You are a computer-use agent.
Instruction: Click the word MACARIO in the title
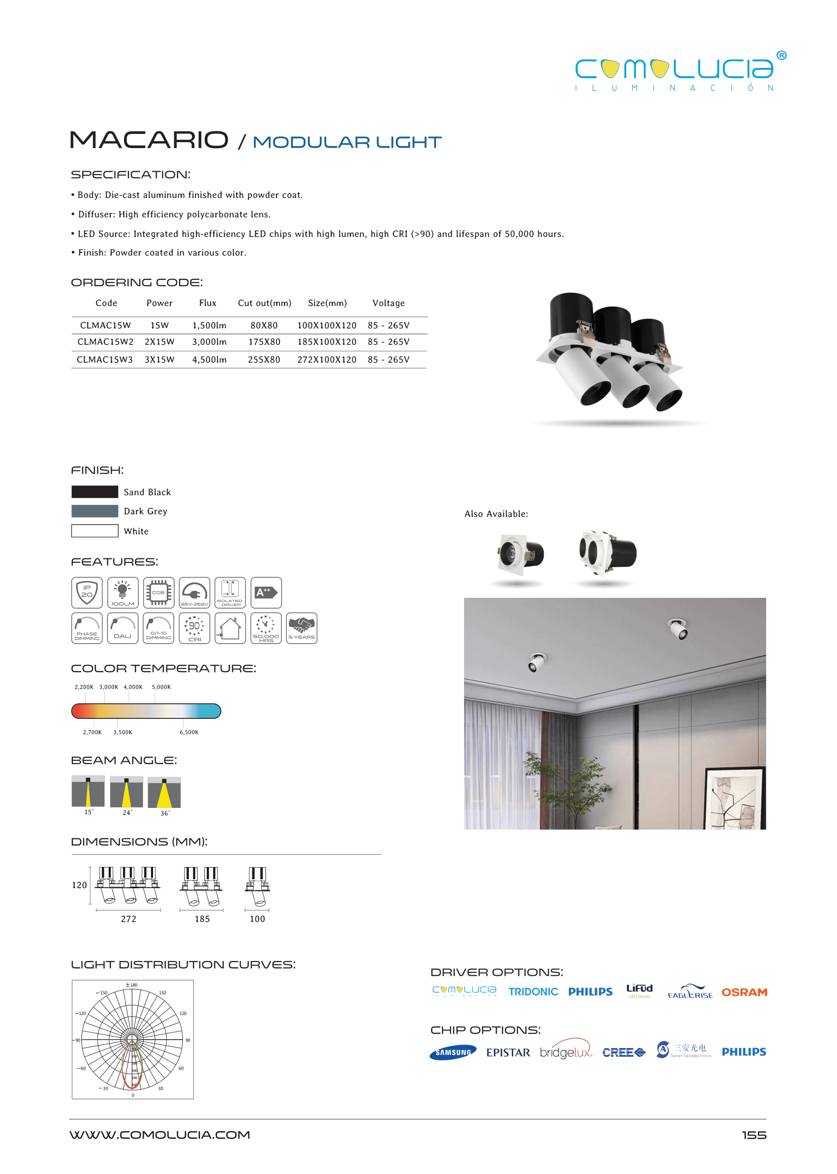149,140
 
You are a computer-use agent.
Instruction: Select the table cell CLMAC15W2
105,341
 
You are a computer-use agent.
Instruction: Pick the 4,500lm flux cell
209,360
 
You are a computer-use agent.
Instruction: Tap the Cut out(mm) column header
264,303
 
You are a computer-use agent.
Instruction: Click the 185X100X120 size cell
327,341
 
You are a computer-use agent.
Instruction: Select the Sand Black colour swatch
95,492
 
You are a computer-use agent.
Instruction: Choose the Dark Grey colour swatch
95,511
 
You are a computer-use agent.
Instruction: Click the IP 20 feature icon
87,593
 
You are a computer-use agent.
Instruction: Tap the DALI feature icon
123,628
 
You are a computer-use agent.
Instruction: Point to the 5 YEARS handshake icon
302,628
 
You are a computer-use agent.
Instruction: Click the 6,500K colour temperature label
189,732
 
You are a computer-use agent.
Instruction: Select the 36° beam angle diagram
164,793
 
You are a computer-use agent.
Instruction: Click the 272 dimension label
128,919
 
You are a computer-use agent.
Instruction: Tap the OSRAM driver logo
744,992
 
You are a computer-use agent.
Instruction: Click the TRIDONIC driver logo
533,991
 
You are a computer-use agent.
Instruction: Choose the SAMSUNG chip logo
453,1052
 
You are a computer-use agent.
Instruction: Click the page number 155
754,1135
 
